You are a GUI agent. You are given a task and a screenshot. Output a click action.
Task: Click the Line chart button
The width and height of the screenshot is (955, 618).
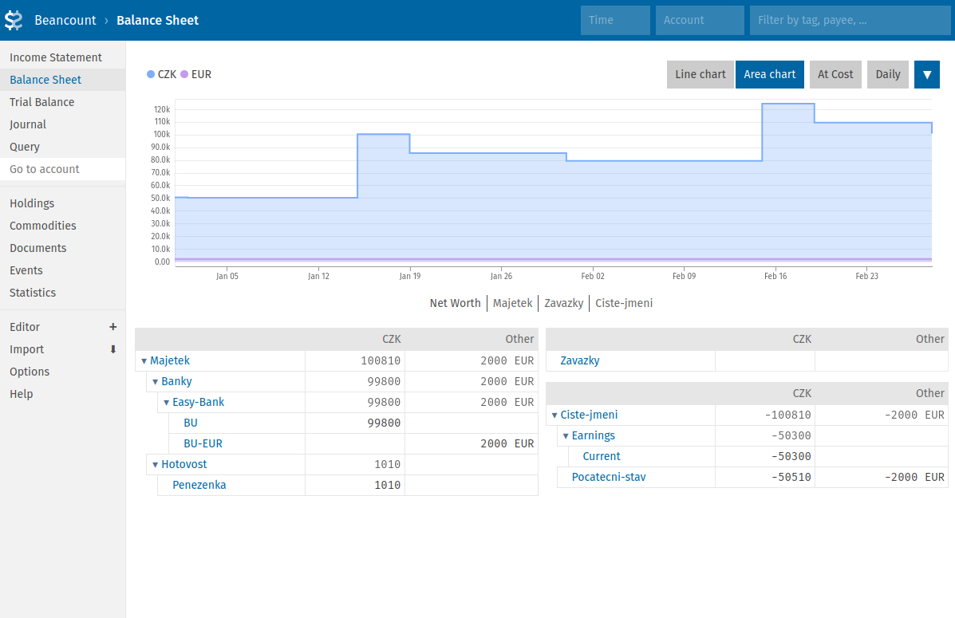700,74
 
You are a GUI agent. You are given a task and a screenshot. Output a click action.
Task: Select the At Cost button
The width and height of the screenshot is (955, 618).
835,74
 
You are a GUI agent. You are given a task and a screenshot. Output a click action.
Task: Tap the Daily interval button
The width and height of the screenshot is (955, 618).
887,74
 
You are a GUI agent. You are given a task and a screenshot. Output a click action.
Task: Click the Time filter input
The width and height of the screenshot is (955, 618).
615,20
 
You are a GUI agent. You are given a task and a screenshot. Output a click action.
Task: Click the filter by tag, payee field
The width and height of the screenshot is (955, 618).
849,20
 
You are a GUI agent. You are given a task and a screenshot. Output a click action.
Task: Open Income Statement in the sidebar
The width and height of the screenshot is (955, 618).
56,57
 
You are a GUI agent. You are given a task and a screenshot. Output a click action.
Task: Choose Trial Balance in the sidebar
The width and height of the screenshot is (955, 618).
42,102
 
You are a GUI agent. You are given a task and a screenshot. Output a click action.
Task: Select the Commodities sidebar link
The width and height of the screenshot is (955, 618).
43,226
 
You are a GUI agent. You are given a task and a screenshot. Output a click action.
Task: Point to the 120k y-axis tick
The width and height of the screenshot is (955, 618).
162,108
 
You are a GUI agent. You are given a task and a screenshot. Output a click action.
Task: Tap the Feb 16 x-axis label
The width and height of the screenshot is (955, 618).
775,276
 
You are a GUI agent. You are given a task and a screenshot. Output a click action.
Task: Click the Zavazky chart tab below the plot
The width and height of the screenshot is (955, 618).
563,303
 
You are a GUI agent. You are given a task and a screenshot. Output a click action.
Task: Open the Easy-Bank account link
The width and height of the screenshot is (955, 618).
198,402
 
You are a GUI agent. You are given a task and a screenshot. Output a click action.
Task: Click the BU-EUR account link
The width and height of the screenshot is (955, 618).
203,443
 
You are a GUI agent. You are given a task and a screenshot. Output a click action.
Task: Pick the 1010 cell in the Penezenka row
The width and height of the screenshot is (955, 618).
387,485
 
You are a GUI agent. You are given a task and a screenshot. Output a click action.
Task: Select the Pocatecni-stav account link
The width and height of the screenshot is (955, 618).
608,477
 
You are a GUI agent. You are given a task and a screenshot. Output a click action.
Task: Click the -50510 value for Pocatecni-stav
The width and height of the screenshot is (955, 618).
791,477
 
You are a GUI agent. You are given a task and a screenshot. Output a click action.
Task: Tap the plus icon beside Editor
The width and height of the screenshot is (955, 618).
112,327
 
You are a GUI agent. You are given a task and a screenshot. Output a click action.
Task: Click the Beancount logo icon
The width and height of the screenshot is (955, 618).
14,20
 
